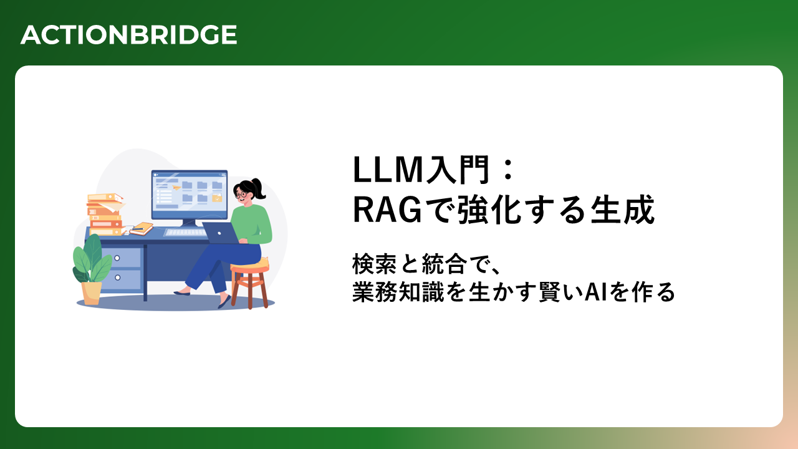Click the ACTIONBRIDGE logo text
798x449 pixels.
pyautogui.click(x=128, y=34)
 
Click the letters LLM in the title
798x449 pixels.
pyautogui.click(x=387, y=170)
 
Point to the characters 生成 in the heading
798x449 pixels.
pyautogui.click(x=622, y=210)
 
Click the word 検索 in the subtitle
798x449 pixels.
pyautogui.click(x=375, y=264)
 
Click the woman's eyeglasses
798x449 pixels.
pyautogui.click(x=241, y=194)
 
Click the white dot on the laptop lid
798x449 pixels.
pyautogui.click(x=219, y=233)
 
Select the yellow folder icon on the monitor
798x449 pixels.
pyautogui.click(x=217, y=198)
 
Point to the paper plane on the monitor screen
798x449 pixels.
pyautogui.click(x=176, y=186)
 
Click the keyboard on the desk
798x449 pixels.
pyautogui.click(x=186, y=233)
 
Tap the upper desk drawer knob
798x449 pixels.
pyautogui.click(x=117, y=258)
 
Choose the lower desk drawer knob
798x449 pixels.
pyautogui.click(x=118, y=278)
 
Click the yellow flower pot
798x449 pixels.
pyautogui.click(x=91, y=293)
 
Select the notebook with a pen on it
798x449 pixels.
pyautogui.click(x=142, y=228)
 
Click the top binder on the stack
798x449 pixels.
pyautogui.click(x=105, y=197)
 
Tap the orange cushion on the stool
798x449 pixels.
pyautogui.click(x=250, y=266)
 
